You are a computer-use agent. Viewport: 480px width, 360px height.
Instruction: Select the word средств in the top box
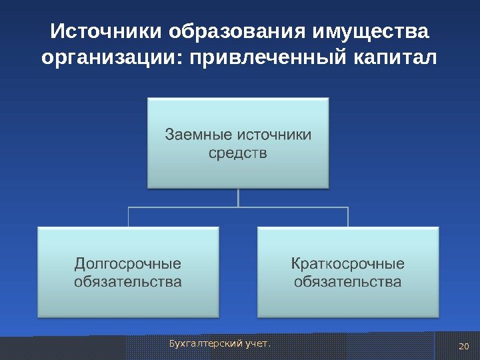(x=238, y=154)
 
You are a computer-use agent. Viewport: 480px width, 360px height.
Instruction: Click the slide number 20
(x=465, y=345)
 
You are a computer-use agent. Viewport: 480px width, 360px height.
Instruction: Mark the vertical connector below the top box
(x=238, y=197)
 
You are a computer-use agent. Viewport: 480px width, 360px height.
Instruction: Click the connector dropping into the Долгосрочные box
(x=128, y=217)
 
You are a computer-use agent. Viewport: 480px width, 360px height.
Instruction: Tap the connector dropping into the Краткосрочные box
(x=348, y=217)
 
